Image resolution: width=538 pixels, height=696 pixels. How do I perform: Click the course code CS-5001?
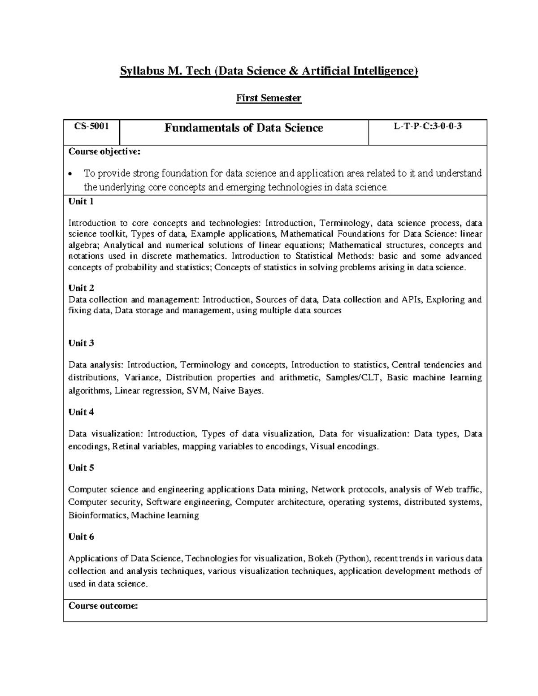pyautogui.click(x=91, y=126)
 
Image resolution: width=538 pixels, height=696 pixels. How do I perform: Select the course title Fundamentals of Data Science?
pyautogui.click(x=243, y=128)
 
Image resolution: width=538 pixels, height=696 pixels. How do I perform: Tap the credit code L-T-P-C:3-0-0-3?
pyautogui.click(x=428, y=126)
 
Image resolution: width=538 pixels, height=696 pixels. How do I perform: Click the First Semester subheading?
pyautogui.click(x=269, y=98)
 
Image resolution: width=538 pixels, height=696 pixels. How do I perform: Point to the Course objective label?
pyautogui.click(x=104, y=151)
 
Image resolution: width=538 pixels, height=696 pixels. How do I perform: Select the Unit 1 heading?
pyautogui.click(x=81, y=201)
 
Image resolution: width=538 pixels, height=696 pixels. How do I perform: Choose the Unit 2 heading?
pyautogui.click(x=81, y=288)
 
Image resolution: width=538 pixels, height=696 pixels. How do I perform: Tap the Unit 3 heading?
pyautogui.click(x=81, y=343)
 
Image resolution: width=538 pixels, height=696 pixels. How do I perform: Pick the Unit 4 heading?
pyautogui.click(x=81, y=412)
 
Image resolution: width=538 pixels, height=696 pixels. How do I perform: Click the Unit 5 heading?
pyautogui.click(x=81, y=467)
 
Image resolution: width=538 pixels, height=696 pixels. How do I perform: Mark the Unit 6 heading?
pyautogui.click(x=81, y=536)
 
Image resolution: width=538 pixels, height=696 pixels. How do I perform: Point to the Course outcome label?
pyautogui.click(x=103, y=606)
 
